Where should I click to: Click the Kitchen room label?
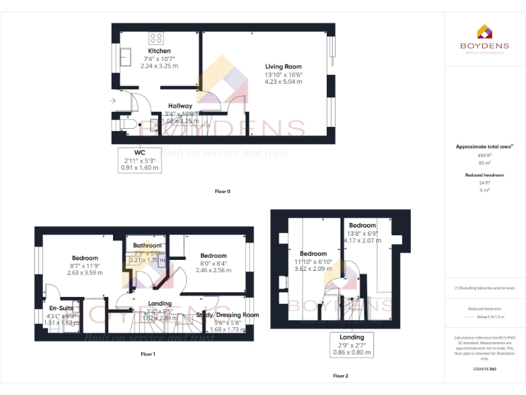click(x=160, y=51)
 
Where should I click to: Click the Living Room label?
click(x=284, y=66)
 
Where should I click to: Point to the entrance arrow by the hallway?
click(x=112, y=101)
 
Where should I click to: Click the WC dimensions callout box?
click(x=140, y=159)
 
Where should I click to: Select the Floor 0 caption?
click(x=223, y=191)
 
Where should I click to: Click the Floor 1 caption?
click(x=147, y=354)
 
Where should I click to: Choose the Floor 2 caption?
click(x=340, y=376)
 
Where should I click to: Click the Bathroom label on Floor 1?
click(x=147, y=246)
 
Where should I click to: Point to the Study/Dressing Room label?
click(x=227, y=315)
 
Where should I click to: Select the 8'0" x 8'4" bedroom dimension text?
click(x=214, y=263)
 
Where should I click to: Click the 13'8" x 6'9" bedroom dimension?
click(x=362, y=233)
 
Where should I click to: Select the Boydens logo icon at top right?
click(x=484, y=31)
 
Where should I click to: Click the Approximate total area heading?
click(x=483, y=147)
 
